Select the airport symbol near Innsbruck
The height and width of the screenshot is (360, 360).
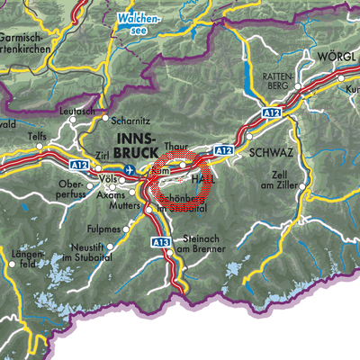pos(133,168)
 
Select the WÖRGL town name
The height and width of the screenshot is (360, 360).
pos(337,56)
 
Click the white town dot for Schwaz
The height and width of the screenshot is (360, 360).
pos(239,155)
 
